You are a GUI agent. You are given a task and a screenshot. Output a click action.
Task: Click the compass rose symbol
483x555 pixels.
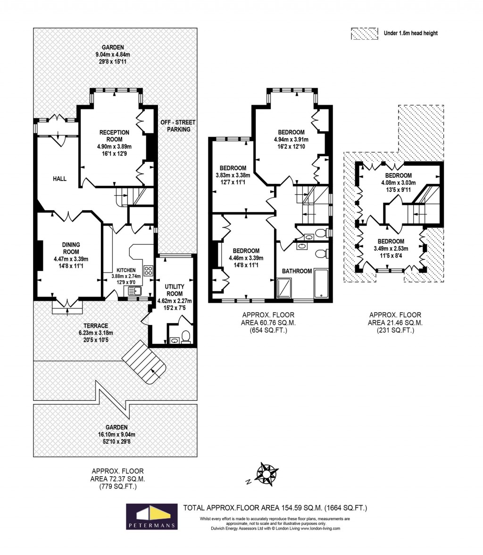(x=266, y=474)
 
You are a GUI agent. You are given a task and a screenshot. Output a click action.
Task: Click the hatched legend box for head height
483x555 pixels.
(x=364, y=33)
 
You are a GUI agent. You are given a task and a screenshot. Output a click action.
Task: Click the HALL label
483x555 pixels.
(x=59, y=179)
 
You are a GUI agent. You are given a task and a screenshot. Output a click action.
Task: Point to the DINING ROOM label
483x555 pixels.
(x=71, y=248)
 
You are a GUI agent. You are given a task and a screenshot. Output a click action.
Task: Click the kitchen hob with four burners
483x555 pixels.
(x=148, y=271)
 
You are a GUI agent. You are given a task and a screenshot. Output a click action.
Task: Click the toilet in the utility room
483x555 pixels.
(x=185, y=336)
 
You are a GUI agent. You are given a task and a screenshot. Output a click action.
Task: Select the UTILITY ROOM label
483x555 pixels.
(x=175, y=290)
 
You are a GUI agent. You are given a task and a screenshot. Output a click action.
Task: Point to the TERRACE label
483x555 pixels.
(x=96, y=326)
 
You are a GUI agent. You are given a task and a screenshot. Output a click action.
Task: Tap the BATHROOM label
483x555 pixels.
(x=297, y=271)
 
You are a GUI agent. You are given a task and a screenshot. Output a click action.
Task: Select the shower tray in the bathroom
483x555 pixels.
(x=284, y=288)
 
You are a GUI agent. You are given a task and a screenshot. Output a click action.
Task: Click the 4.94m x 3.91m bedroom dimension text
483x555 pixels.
(x=291, y=140)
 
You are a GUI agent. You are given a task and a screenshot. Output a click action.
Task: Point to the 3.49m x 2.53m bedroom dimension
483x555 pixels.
(x=391, y=249)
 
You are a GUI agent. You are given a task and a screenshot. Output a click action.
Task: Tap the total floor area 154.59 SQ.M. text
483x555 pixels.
(x=275, y=508)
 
